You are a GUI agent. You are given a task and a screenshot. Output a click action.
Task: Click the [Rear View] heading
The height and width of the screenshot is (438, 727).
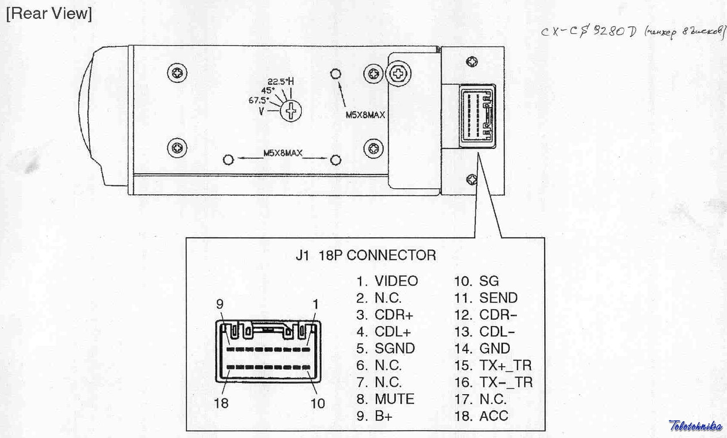(49, 13)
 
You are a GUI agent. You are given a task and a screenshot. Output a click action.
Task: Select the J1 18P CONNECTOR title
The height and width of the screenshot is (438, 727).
(365, 255)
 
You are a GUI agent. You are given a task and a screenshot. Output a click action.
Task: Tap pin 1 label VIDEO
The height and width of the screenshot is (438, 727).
(396, 281)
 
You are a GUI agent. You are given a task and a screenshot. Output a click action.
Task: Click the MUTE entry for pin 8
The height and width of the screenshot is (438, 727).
(394, 399)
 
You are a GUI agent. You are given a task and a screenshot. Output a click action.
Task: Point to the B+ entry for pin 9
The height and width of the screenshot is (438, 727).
(383, 416)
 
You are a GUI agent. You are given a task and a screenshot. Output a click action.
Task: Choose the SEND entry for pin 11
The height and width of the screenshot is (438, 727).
(498, 298)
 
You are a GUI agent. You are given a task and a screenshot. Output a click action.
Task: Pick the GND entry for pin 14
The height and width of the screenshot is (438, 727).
(494, 348)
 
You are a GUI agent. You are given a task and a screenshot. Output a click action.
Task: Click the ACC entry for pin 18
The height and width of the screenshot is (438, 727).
(494, 416)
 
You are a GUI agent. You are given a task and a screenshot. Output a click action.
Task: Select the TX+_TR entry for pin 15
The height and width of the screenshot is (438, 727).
(505, 365)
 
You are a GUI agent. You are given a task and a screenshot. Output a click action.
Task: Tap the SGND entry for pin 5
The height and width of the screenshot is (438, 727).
(394, 348)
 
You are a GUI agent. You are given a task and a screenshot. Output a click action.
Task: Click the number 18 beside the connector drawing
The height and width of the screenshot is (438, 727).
(221, 403)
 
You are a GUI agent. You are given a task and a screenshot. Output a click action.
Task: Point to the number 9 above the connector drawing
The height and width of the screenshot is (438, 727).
(220, 304)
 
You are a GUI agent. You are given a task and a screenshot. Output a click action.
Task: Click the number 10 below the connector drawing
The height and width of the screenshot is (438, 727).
(318, 403)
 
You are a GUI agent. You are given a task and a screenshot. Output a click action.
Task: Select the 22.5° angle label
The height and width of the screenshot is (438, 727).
(277, 82)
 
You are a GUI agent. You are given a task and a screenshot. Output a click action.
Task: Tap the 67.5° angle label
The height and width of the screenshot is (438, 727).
(258, 101)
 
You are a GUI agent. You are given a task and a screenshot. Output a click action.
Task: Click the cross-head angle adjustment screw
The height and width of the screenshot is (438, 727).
(291, 111)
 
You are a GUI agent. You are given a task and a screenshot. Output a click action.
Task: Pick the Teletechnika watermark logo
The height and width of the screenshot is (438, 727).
(695, 426)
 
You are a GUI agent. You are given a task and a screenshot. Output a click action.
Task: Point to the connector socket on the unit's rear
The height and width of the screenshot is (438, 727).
(477, 117)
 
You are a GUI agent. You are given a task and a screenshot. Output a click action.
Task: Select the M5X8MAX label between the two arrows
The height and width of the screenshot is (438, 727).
(282, 153)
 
